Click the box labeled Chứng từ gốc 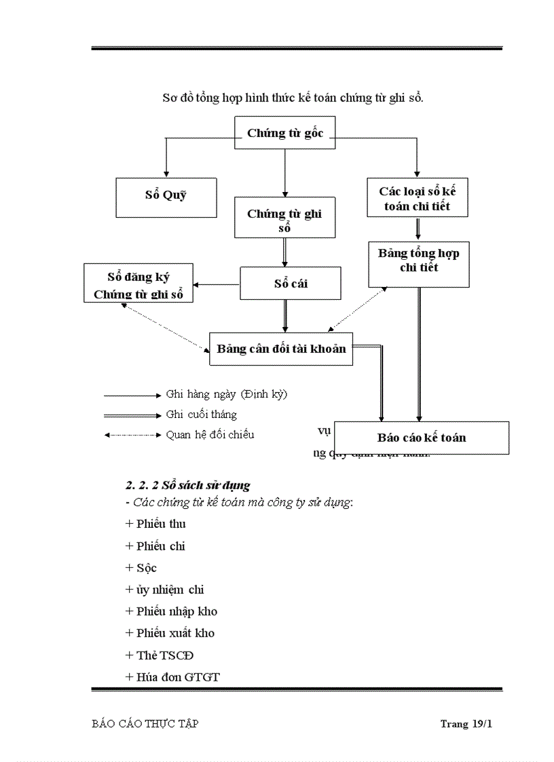(x=285, y=133)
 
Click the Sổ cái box (x=291, y=283)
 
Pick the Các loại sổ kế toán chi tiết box (x=417, y=198)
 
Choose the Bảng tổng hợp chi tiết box (x=418, y=261)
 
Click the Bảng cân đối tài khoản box (x=281, y=349)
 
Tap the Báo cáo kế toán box (x=422, y=438)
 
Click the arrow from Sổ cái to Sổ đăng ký (x=216, y=284)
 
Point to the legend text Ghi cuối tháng (x=201, y=415)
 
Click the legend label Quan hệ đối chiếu (x=210, y=434)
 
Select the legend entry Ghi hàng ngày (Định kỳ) (x=226, y=394)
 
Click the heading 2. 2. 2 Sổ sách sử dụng (x=188, y=485)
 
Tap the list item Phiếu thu (x=160, y=524)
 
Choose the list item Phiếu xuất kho (x=174, y=633)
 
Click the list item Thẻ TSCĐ (x=165, y=655)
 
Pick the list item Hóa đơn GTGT (x=177, y=677)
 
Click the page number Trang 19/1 (x=466, y=724)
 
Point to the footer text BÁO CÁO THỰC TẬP (x=145, y=724)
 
